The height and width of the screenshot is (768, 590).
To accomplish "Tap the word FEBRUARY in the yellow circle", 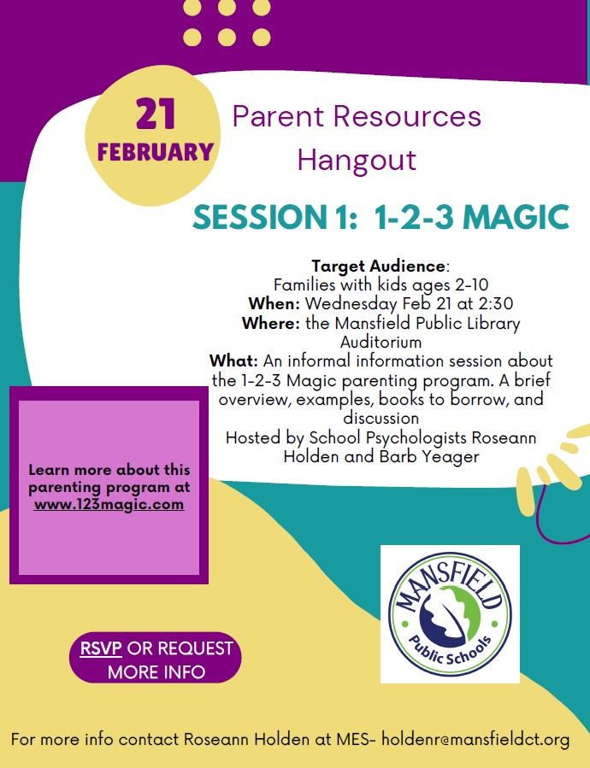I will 155,153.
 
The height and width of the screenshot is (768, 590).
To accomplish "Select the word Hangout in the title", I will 357,160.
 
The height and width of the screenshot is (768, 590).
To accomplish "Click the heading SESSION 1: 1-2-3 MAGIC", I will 381,217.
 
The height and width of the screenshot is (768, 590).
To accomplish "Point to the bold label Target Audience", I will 378,267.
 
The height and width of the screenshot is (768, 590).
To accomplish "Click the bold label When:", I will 274,303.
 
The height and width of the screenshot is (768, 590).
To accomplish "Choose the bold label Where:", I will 269,324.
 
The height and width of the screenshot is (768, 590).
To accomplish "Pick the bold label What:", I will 233,361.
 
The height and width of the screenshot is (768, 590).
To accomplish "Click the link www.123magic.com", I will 109,504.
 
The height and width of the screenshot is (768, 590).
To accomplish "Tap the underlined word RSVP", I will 101,648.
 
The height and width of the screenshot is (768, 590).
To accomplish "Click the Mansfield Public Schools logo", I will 449,613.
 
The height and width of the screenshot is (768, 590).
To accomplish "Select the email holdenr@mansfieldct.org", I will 475,739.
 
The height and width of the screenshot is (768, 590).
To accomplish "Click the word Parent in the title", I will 276,116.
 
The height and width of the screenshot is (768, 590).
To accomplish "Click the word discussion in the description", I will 381,418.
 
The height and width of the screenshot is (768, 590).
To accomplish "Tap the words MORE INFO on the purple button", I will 156,671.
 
